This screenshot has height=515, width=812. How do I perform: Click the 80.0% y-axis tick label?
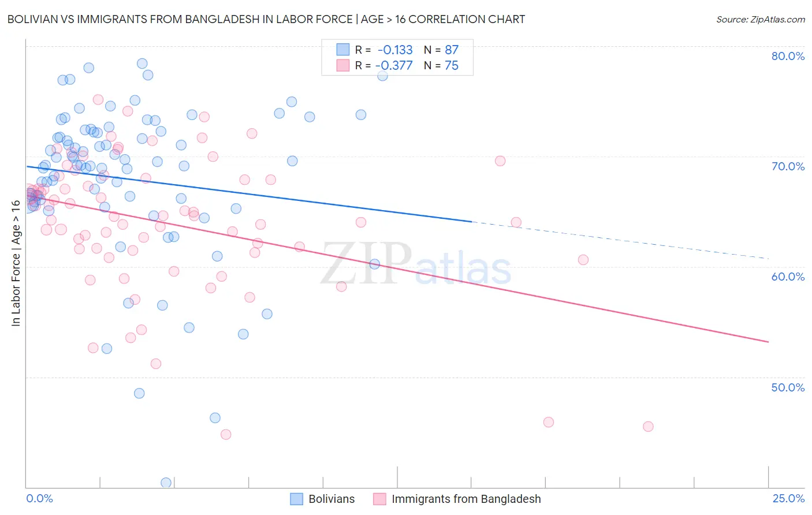tap(788, 56)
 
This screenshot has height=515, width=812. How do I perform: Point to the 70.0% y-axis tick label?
tap(788, 166)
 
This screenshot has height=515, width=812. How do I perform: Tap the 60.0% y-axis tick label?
tap(788, 277)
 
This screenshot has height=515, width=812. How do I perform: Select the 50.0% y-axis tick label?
tap(788, 387)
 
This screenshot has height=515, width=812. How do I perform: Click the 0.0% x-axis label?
tap(40, 499)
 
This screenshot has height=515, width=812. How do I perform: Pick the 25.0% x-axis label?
tap(788, 499)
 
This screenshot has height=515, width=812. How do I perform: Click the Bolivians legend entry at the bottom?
tap(331, 499)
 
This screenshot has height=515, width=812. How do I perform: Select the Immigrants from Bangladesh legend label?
tap(466, 499)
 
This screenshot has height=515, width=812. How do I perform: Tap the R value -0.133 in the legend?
tap(395, 50)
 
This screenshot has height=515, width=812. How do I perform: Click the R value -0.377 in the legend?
tap(394, 66)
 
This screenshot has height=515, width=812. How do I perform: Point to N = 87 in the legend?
tap(441, 50)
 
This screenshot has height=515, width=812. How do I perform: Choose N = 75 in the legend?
tap(441, 66)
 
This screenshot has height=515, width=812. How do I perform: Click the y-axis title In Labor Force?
tap(16, 263)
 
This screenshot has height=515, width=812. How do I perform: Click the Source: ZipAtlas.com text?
tap(760, 20)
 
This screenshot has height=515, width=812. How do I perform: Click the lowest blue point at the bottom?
tap(166, 483)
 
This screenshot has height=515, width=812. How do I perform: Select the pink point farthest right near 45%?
tap(648, 427)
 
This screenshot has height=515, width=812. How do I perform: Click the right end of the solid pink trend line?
tap(768, 342)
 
